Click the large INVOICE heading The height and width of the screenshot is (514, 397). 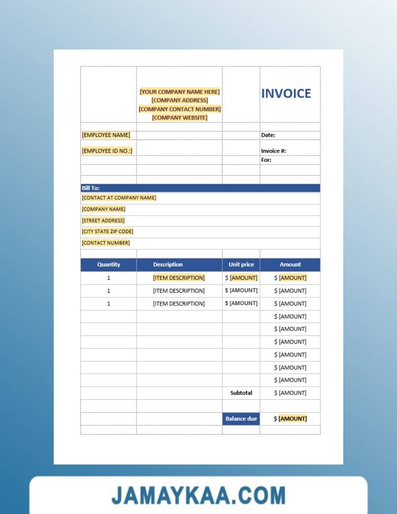tap(286, 93)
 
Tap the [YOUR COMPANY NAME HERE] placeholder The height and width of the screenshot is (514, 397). tap(180, 92)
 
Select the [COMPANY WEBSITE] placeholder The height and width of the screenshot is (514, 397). tap(180, 118)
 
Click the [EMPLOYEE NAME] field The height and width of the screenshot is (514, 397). tap(106, 135)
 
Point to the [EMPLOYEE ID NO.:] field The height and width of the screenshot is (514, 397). tap(107, 151)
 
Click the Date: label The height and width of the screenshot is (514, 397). tap(268, 135)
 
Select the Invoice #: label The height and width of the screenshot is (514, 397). tap(273, 151)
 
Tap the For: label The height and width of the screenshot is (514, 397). tap(266, 160)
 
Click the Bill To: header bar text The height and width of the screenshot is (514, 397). tap(90, 188)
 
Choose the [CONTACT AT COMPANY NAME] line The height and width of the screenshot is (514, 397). tap(119, 198)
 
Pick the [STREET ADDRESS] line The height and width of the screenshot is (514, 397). tap(103, 220)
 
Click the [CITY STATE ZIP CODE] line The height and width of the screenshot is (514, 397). tap(107, 231)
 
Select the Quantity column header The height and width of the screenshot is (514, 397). tap(108, 265)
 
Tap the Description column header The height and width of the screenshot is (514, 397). tap(168, 265)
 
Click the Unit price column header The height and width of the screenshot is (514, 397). tap(241, 265)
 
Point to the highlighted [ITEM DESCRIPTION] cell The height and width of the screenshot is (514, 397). tap(179, 277)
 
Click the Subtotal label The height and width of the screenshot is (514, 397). tap(241, 393)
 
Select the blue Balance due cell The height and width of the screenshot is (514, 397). tap(241, 419)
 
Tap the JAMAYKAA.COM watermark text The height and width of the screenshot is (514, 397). tap(198, 495)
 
